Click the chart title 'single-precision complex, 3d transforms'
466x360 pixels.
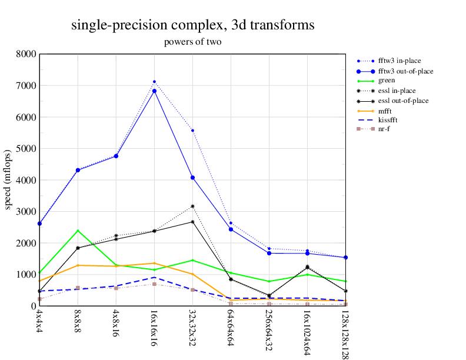(192, 25)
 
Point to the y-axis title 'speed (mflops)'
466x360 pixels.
(8, 179)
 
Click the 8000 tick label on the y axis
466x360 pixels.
(26, 54)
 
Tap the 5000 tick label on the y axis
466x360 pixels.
(26, 148)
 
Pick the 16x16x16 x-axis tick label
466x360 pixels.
(154, 324)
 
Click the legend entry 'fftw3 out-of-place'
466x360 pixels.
(405, 71)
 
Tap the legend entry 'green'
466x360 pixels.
(387, 81)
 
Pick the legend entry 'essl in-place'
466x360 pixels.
(397, 91)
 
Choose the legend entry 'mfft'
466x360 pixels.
(385, 111)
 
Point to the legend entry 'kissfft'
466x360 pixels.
(388, 119)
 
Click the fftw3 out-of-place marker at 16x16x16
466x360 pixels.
(154, 91)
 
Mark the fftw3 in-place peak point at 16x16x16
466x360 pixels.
(154, 82)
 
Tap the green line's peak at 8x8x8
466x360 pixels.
(78, 231)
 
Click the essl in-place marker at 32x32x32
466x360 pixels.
(192, 206)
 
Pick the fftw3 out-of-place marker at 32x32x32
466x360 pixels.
(192, 178)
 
